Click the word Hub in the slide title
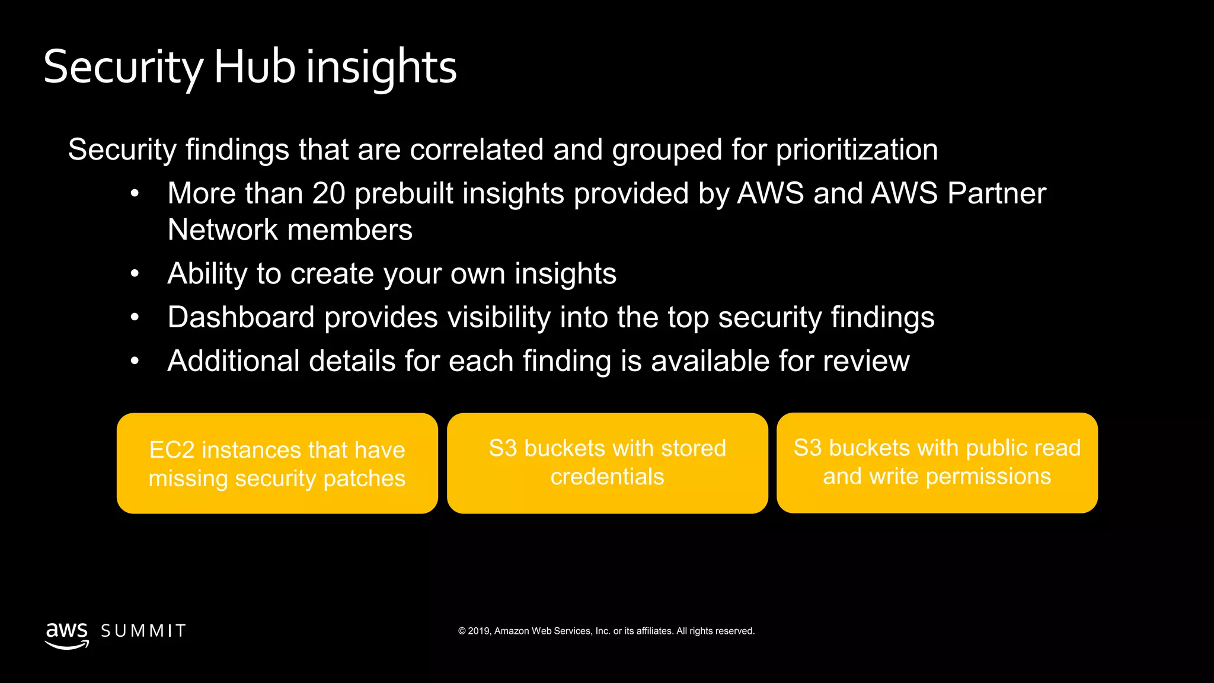coord(254,66)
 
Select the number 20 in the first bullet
coord(328,193)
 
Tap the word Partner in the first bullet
coord(996,193)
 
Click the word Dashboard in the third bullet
coord(241,317)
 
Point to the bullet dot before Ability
coord(135,273)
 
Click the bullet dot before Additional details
coord(135,360)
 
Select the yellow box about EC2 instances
coord(277,463)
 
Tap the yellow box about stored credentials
coord(607,463)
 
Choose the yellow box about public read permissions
coord(937,462)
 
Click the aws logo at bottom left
coord(67,634)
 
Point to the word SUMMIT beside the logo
coord(143,631)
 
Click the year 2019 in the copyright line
coord(479,631)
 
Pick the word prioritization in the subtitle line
coord(857,149)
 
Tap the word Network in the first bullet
coord(223,230)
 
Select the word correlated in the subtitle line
coord(477,149)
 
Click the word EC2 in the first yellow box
coord(171,450)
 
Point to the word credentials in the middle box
coord(607,477)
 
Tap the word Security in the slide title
coord(123,66)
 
